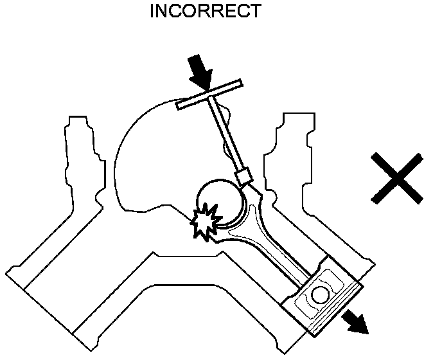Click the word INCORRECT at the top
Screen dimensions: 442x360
click(205, 11)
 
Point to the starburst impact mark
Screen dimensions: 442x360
click(205, 221)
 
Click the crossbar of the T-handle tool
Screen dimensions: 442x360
click(209, 94)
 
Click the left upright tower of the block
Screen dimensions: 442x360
click(80, 154)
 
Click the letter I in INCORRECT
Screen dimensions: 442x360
click(152, 11)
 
